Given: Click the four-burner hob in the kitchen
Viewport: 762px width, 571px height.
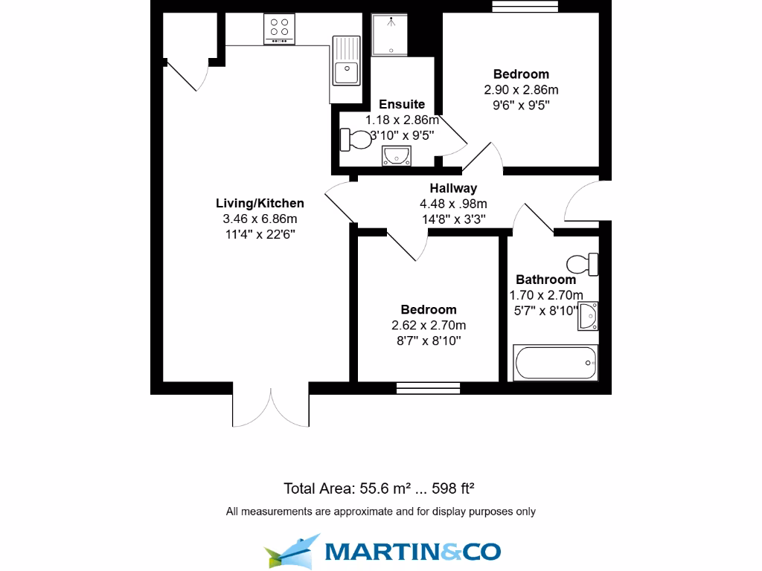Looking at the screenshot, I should click(280, 29).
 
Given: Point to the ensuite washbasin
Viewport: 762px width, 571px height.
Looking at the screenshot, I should click(396, 155).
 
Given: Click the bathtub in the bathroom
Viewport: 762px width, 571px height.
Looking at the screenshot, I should click(555, 362).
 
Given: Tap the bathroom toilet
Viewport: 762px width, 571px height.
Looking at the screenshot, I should click(583, 263).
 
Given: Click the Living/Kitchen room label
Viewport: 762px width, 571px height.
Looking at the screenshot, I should click(260, 203).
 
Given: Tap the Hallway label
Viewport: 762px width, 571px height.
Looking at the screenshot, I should click(453, 188).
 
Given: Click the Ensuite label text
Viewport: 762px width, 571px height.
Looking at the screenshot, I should click(402, 104).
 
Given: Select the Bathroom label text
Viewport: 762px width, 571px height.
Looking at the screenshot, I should click(546, 280).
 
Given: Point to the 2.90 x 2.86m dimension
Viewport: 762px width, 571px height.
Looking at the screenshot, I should click(521, 89).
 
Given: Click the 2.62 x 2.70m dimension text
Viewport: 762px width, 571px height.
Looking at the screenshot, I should click(429, 325).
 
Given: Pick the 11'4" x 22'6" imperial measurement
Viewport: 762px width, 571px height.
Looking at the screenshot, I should click(260, 233).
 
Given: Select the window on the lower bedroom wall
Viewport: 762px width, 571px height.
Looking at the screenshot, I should click(428, 387).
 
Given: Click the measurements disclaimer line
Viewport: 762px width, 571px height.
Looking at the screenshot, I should click(380, 512).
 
